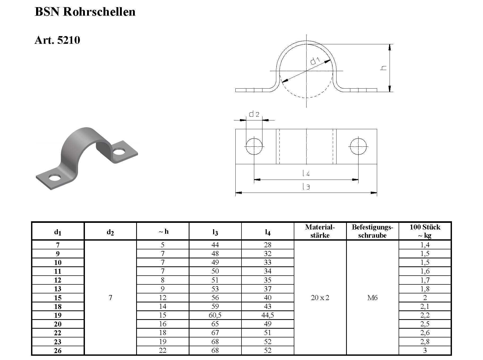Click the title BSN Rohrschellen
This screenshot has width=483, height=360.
pyautogui.click(x=85, y=12)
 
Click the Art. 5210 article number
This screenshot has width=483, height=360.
pyautogui.click(x=57, y=40)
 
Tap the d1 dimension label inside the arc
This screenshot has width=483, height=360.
pyautogui.click(x=315, y=61)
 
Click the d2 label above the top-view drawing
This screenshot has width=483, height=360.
pyautogui.click(x=254, y=114)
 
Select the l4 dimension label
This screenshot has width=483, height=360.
pyautogui.click(x=306, y=174)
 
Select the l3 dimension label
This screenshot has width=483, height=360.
pyautogui.click(x=306, y=187)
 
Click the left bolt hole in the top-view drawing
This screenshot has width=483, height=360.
pyautogui.click(x=254, y=146)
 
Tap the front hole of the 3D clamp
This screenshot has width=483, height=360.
pyautogui.click(x=55, y=177)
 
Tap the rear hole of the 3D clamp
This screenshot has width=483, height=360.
pyautogui.click(x=119, y=152)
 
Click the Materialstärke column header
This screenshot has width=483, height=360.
pyautogui.click(x=320, y=231)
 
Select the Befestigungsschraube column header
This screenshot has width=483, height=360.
pyautogui.click(x=372, y=231)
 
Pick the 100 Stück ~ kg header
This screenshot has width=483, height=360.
pyautogui.click(x=425, y=231)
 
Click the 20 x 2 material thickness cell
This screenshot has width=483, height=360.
pyautogui.click(x=320, y=298)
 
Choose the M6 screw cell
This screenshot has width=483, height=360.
pyautogui.click(x=372, y=298)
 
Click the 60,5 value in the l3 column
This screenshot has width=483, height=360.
pyautogui.click(x=215, y=315)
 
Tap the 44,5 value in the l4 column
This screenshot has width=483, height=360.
pyautogui.click(x=268, y=315)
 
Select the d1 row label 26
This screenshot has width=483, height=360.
pyautogui.click(x=58, y=351)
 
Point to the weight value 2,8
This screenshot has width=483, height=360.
pyautogui.click(x=425, y=342)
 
